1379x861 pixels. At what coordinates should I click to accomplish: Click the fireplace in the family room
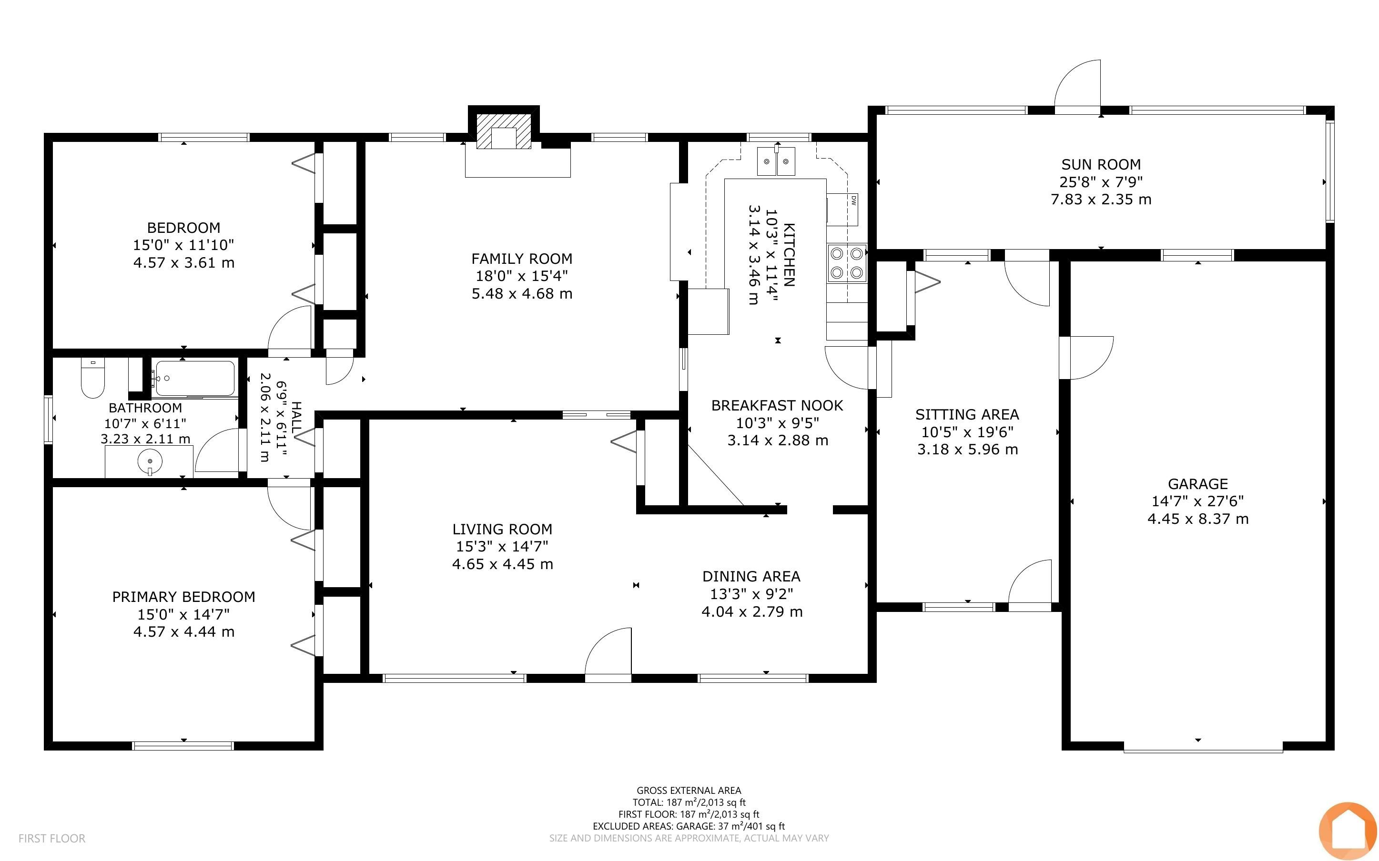pos(504,131)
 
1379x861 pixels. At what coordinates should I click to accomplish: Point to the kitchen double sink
pos(776,160)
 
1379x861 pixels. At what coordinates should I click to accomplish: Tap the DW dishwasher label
pos(854,200)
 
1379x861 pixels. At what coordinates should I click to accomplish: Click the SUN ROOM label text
pos(1100,165)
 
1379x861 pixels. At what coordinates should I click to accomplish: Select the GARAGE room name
pos(1198,484)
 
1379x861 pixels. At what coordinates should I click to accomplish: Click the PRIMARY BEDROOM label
pos(183,597)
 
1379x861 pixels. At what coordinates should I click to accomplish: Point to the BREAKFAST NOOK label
pos(777,405)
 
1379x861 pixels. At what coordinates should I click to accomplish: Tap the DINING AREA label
pos(751,576)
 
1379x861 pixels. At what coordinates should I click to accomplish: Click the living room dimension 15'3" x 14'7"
pos(502,547)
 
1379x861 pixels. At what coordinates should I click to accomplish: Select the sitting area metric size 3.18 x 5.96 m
pos(967,449)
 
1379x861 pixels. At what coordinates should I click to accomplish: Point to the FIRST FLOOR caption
pos(52,838)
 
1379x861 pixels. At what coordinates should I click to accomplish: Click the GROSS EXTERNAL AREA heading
pos(689,791)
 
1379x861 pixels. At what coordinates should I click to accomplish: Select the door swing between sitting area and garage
pos(1086,358)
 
